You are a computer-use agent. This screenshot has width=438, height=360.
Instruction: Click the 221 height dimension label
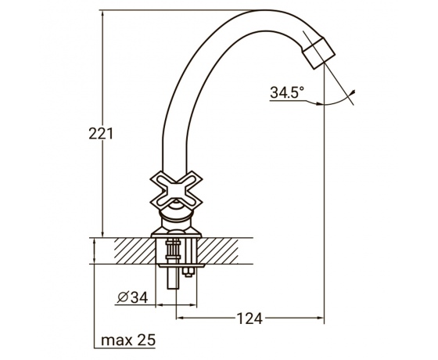(x=101, y=134)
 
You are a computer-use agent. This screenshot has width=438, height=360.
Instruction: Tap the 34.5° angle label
(x=287, y=92)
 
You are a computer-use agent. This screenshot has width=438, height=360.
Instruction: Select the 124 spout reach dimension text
(x=250, y=319)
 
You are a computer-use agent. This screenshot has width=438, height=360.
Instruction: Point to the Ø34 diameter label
(x=132, y=297)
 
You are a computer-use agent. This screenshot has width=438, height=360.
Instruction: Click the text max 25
(x=128, y=340)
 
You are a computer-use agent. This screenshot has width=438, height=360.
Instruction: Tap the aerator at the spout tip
(x=319, y=53)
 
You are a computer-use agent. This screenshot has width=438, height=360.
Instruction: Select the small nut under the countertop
(x=187, y=272)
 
